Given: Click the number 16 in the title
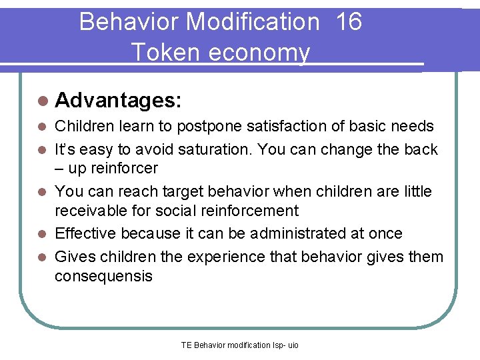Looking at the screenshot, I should click(349, 22).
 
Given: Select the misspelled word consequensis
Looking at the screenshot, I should click(103, 276).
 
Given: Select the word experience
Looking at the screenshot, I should click(244, 256).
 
